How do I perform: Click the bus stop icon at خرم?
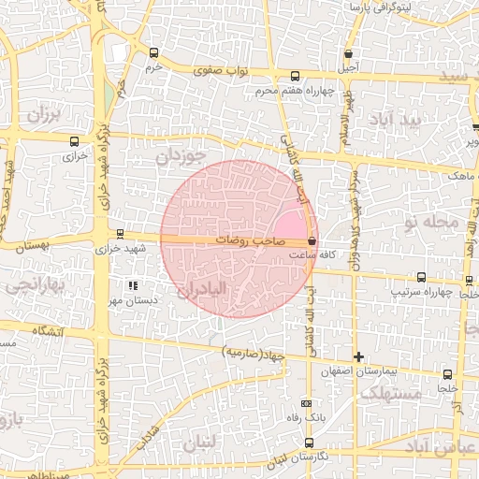tap(154, 53)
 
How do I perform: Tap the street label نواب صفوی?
tap(217, 69)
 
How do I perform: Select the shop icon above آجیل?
tap(349, 54)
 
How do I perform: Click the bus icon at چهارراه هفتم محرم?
tap(296, 77)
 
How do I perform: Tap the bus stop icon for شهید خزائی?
tap(119, 234)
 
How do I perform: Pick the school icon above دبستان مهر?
tap(133, 284)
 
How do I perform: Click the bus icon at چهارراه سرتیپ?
tap(421, 277)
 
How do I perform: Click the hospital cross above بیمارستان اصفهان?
tap(358, 356)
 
